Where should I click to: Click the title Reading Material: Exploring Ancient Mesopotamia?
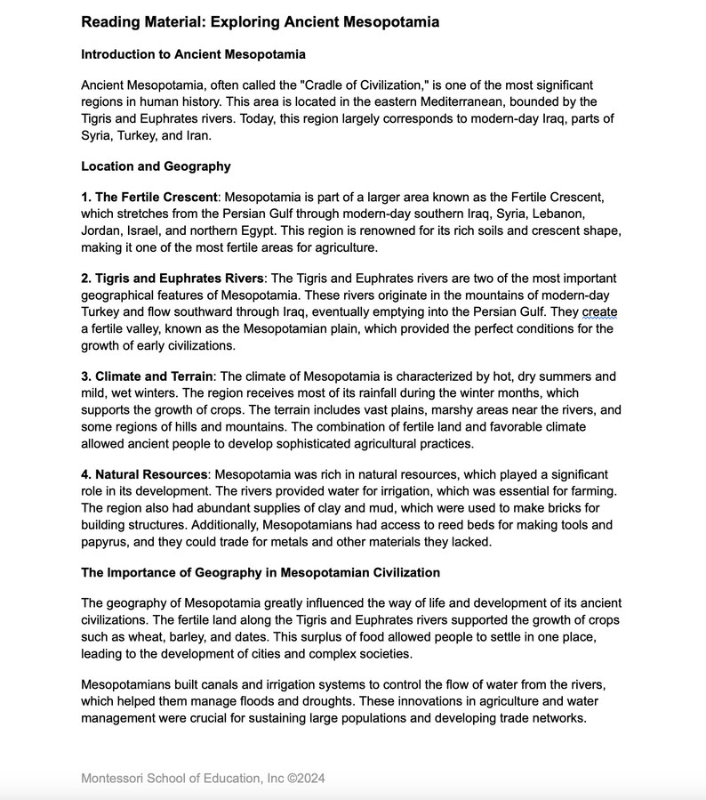click(260, 21)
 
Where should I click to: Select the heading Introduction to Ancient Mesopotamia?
click(193, 54)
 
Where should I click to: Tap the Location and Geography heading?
click(156, 166)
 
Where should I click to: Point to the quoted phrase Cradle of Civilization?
click(360, 85)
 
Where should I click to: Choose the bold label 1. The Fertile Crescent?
click(148, 198)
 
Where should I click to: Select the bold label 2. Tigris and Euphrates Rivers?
click(172, 279)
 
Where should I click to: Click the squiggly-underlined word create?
click(599, 311)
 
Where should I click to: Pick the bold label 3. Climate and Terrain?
click(147, 376)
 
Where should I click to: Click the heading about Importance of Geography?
click(261, 572)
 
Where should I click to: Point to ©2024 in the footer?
click(307, 779)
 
